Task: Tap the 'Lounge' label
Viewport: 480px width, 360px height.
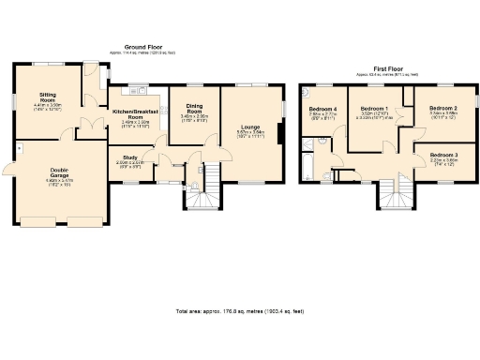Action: point(250,127)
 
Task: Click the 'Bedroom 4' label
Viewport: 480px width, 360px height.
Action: point(322,111)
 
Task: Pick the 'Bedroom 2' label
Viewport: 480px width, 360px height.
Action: point(443,110)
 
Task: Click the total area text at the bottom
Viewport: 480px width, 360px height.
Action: point(239,310)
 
